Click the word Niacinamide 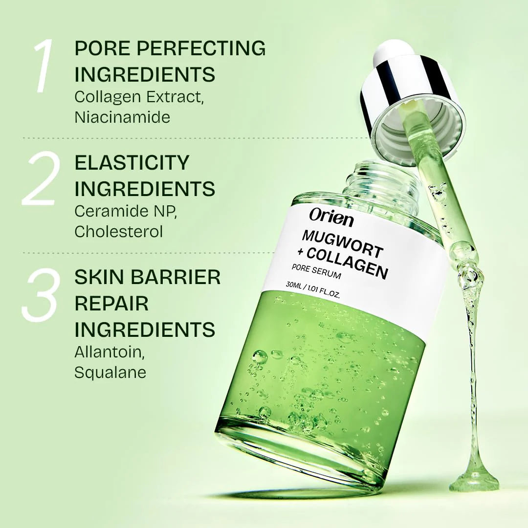[122, 117]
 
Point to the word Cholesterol [118, 231]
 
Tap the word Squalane [110, 373]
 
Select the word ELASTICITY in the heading [132, 163]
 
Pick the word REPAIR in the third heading [111, 303]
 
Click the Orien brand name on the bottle [331, 218]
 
